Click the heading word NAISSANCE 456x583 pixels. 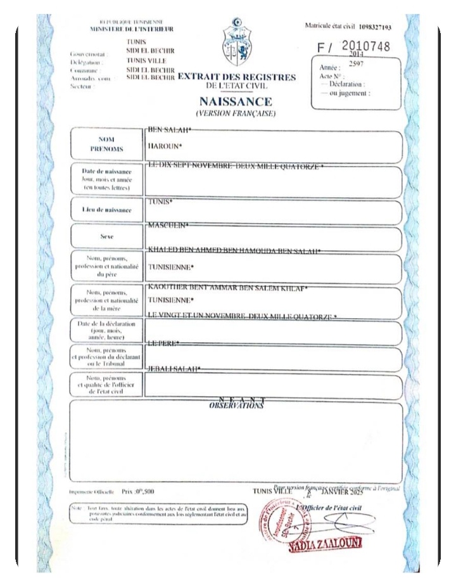pos(236,102)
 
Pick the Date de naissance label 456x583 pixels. pos(106,180)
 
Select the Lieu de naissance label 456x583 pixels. pos(106,209)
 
